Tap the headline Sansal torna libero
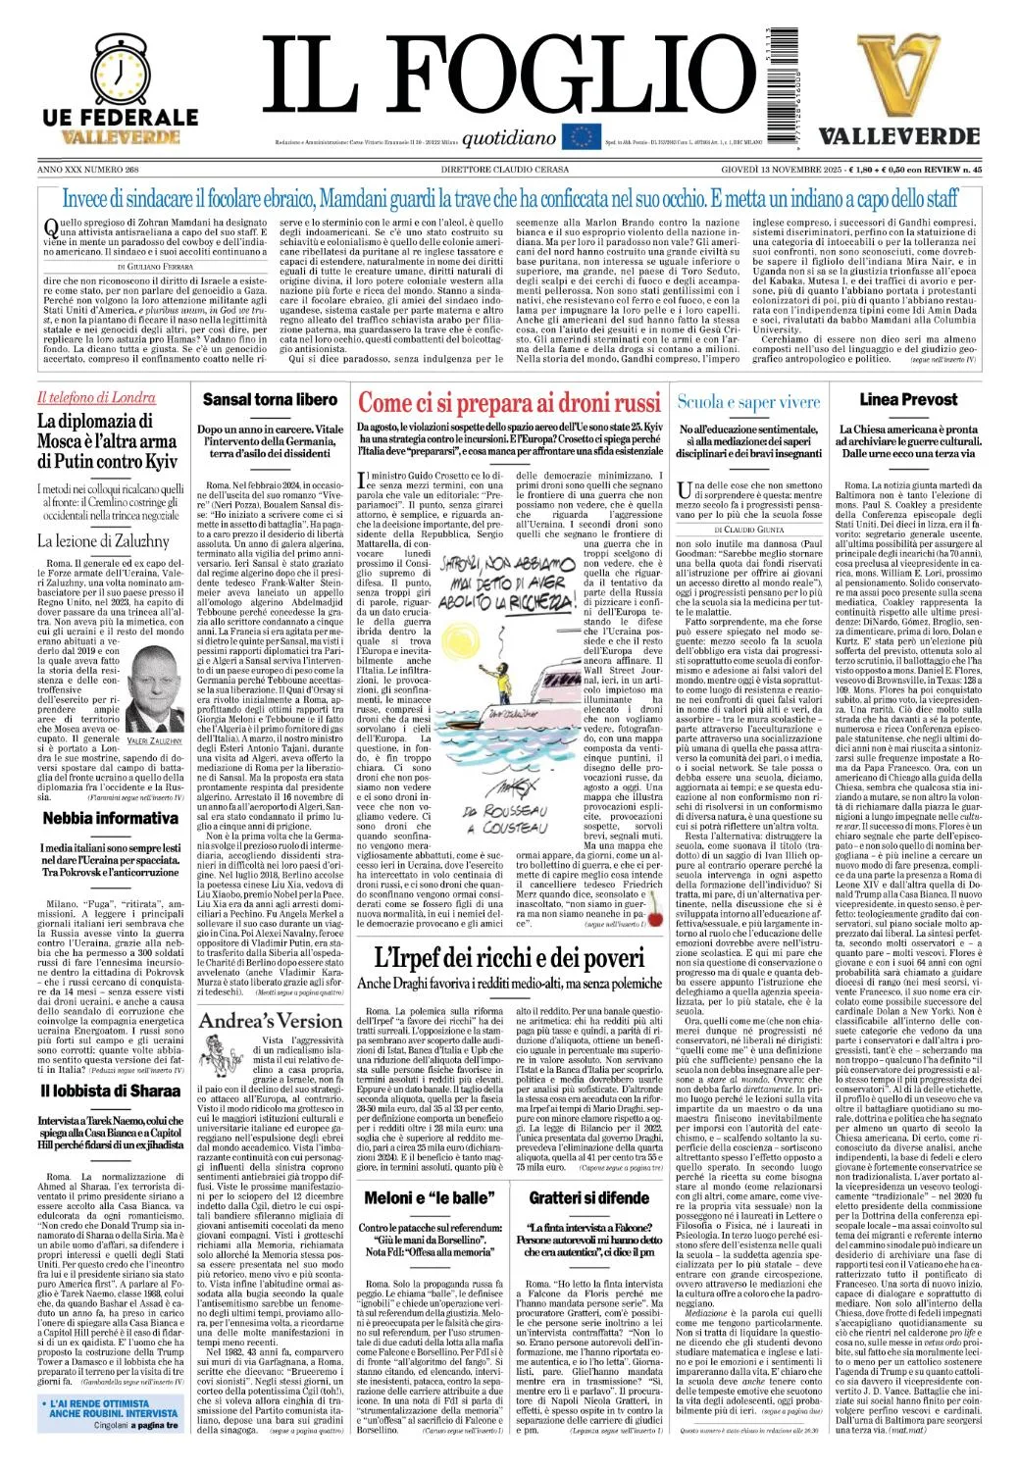[270, 400]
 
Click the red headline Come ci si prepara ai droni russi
[509, 404]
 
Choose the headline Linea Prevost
[908, 400]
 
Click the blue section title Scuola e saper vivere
[748, 402]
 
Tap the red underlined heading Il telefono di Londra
[96, 398]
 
